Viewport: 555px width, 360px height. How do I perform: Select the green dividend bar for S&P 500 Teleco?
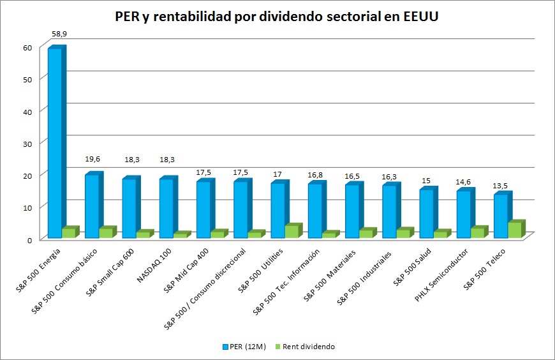[x=515, y=230]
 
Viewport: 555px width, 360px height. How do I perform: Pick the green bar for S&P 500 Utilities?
[x=292, y=232]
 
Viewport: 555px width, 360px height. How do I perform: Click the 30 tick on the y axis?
[x=27, y=143]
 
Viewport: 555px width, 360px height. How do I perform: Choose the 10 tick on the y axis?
[x=27, y=207]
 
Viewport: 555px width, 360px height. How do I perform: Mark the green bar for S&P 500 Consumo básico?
[x=105, y=233]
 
